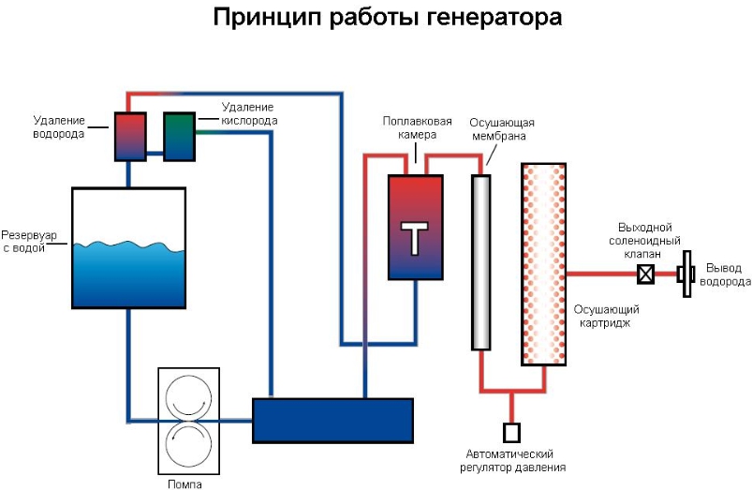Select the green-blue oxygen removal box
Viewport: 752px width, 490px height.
click(179, 137)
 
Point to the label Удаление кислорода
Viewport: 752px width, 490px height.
click(249, 113)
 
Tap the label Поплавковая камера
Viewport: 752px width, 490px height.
click(410, 128)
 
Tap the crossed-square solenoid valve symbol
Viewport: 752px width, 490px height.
click(645, 275)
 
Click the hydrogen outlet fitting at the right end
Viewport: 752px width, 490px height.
click(686, 275)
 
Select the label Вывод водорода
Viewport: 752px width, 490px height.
click(728, 275)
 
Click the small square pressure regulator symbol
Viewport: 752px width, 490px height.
click(511, 432)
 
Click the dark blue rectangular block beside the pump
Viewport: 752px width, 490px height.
click(332, 420)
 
